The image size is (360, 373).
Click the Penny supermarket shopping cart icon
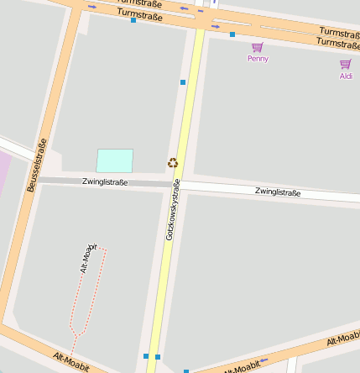(x=257, y=47)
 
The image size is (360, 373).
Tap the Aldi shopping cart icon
(x=345, y=64)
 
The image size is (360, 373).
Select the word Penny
(x=258, y=59)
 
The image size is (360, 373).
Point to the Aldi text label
(x=346, y=76)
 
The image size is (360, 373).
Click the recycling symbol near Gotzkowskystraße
(x=173, y=162)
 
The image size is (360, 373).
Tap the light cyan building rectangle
(x=115, y=160)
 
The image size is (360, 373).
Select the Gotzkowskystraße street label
(x=173, y=210)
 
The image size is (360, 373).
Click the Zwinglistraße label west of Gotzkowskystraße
(x=105, y=181)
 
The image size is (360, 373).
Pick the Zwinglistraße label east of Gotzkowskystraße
(x=277, y=192)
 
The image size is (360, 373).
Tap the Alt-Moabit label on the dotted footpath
(x=87, y=260)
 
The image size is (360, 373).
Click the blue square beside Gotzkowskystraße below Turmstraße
(x=183, y=82)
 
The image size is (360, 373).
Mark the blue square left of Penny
(x=232, y=34)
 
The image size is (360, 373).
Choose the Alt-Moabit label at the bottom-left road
(x=71, y=362)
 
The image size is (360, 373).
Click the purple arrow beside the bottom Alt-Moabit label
(x=263, y=361)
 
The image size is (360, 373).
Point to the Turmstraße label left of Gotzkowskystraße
(x=139, y=14)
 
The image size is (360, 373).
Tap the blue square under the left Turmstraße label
(x=133, y=20)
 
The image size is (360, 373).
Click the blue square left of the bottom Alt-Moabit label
(x=186, y=370)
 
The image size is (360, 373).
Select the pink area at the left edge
(x=3, y=173)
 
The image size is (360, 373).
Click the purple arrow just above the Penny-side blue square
(x=216, y=26)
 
